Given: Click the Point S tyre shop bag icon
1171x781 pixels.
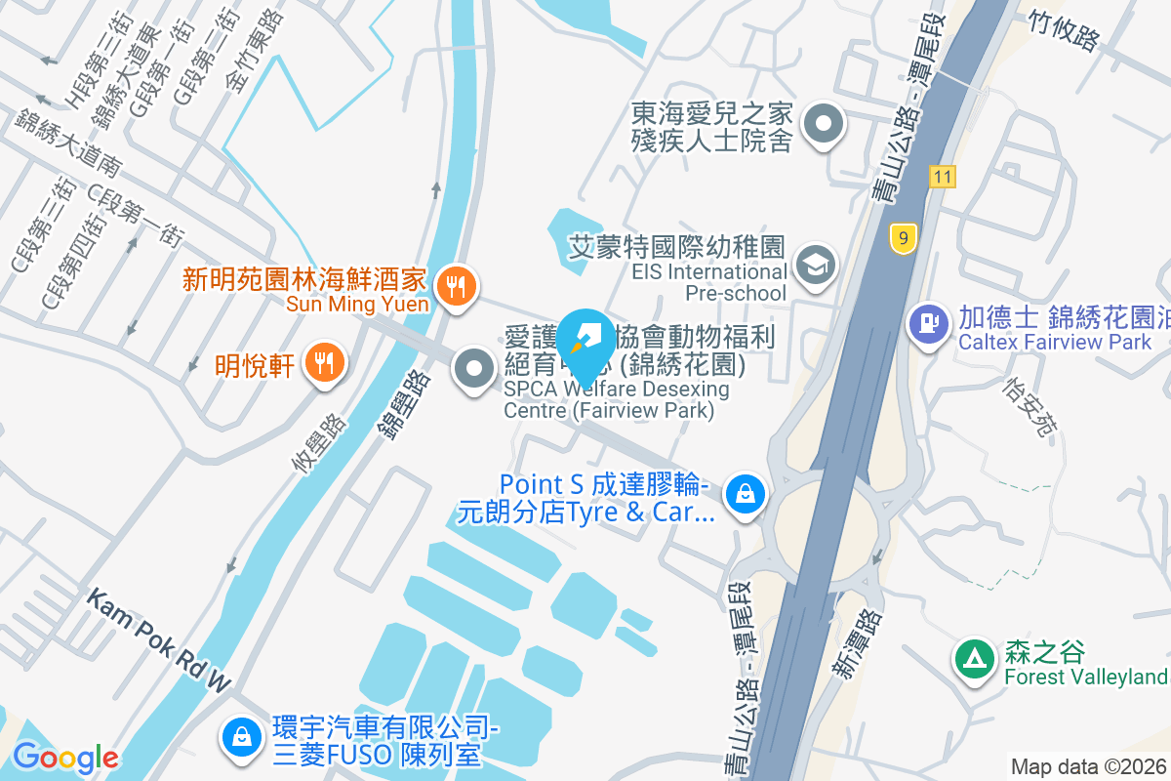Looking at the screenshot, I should [746, 493].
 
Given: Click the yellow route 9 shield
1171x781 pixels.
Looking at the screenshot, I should [904, 238].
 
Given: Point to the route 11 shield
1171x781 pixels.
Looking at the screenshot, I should [942, 177].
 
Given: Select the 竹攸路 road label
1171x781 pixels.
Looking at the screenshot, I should [1063, 28].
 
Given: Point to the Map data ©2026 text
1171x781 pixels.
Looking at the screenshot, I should [1087, 766].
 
